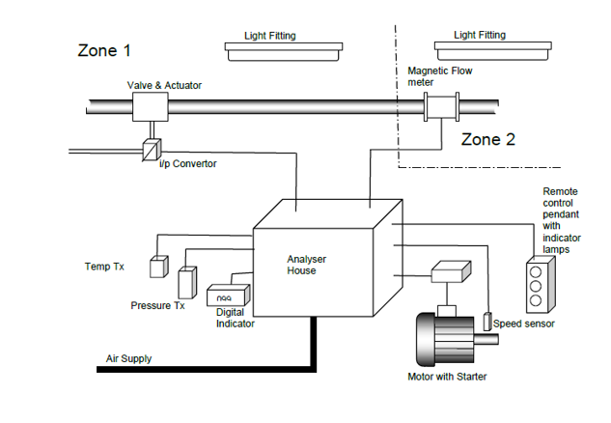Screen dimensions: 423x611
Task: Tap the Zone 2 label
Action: coord(488,139)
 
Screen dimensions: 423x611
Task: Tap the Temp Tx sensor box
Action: coord(158,268)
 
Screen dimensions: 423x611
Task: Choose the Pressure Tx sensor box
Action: coord(187,283)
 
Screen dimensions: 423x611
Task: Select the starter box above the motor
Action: coord(450,273)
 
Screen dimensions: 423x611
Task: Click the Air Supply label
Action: coord(128,359)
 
